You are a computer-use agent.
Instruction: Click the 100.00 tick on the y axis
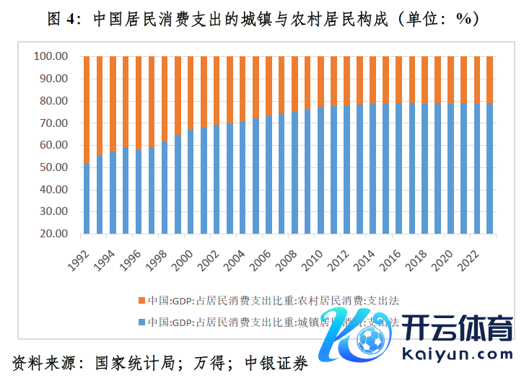[51, 56]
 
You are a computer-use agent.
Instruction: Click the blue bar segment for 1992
[87, 199]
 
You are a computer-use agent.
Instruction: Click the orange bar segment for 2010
[320, 82]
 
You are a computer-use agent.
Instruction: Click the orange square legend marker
[141, 300]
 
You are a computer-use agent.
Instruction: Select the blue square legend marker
[141, 322]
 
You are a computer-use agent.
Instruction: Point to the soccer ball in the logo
[372, 340]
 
